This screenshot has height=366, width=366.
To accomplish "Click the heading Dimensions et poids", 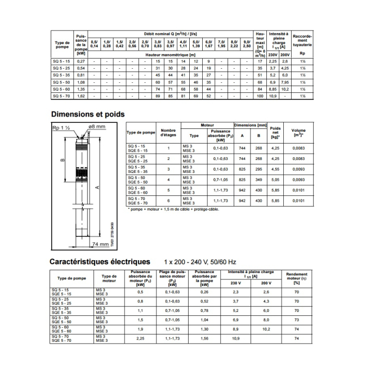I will coord(87,114).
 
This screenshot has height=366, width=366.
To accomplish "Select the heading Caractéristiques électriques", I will coord(100,262).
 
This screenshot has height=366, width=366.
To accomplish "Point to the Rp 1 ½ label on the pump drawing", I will coord(60,127).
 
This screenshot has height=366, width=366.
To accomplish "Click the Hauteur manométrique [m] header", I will coord(169,55).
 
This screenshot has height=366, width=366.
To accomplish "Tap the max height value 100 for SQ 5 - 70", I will coord(260,96).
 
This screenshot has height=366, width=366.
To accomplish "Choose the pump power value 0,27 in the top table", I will coord(81,61).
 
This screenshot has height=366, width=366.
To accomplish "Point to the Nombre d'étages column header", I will coord(168,133).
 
